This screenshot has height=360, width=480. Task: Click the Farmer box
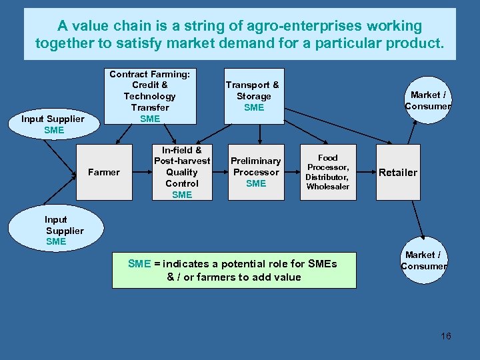[104, 172]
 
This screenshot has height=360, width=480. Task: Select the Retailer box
[398, 172]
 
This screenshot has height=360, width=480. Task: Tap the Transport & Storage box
[253, 96]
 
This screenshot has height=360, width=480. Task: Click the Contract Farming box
[150, 96]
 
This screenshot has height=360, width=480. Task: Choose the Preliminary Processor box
[256, 172]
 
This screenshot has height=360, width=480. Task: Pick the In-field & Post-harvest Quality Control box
[182, 172]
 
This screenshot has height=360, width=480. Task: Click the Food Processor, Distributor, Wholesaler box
[327, 172]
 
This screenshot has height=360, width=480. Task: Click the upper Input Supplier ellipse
[53, 124]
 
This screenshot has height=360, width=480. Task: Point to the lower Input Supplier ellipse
[64, 230]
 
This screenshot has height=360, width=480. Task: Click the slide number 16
[445, 336]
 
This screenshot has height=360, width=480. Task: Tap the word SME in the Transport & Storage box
[254, 107]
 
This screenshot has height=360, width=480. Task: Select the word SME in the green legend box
[140, 264]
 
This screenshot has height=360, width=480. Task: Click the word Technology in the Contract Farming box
[150, 96]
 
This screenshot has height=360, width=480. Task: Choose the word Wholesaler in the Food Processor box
[327, 187]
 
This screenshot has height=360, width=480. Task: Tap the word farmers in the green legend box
[216, 277]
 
